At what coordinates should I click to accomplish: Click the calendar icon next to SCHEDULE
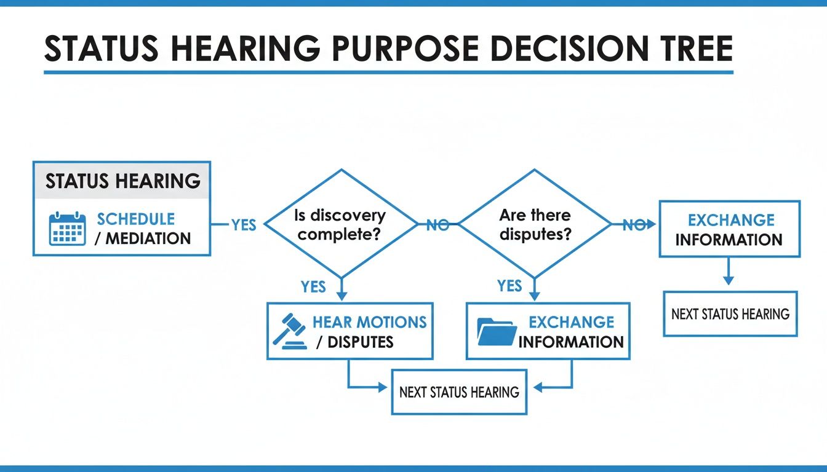(67, 229)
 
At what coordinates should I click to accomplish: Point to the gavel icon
(289, 331)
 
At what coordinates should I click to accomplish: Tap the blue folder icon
(497, 331)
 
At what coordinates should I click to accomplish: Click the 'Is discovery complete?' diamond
(341, 224)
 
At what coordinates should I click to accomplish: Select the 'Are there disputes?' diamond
(535, 224)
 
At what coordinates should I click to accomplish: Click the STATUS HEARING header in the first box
(122, 181)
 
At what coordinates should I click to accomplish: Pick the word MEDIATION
(148, 238)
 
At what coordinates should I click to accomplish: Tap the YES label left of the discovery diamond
(244, 225)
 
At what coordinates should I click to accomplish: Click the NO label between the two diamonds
(437, 225)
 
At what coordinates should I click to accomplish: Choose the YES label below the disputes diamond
(509, 286)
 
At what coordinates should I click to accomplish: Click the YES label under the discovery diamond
(313, 286)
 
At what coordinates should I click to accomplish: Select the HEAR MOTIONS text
(369, 322)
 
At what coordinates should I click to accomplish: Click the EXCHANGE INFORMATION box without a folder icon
(729, 229)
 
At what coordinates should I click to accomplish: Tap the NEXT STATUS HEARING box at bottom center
(459, 391)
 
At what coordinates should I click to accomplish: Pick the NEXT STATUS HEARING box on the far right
(730, 314)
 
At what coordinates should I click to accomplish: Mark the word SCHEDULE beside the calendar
(136, 219)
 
